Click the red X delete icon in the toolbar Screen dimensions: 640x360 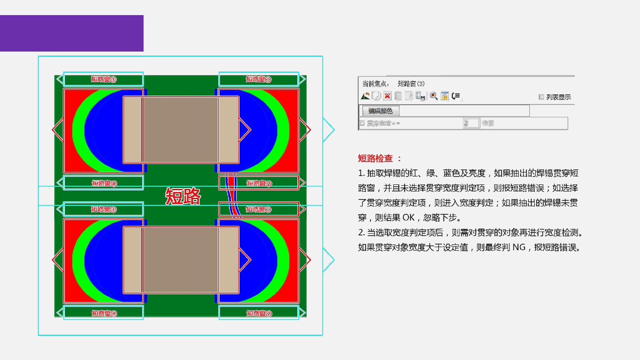[x=387, y=96]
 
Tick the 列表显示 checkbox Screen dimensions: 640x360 [x=541, y=96]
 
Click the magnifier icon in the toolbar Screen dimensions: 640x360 [x=433, y=96]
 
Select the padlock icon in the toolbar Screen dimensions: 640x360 [x=444, y=96]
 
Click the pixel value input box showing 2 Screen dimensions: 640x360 [x=471, y=123]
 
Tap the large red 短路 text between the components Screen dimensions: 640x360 [x=183, y=196]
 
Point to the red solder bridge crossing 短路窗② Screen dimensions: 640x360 [x=230, y=183]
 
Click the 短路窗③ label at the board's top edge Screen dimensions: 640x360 [x=104, y=79]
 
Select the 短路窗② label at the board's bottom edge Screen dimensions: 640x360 [x=259, y=313]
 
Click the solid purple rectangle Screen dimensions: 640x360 [x=72, y=33]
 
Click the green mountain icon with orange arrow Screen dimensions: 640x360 [x=365, y=96]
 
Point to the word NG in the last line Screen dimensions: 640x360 [x=519, y=248]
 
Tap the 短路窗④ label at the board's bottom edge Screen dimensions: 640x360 [x=104, y=313]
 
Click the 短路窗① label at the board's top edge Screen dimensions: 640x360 [x=259, y=79]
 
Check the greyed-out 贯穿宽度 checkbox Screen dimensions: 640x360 [x=362, y=123]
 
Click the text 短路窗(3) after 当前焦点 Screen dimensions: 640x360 [x=411, y=84]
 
